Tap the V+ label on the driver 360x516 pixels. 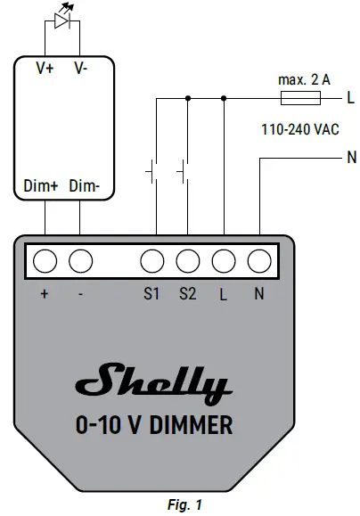point(45,68)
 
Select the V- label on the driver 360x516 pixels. point(80,68)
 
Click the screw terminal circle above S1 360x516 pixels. point(152,261)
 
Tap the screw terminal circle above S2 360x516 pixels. point(187,261)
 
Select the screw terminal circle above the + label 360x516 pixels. point(45,261)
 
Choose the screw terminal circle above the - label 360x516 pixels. point(81,261)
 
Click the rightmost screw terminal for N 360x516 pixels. point(258,261)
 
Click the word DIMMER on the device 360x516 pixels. point(189,426)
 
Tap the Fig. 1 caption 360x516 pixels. point(178,505)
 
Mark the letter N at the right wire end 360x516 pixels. point(350,160)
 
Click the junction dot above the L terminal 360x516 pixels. point(223,97)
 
